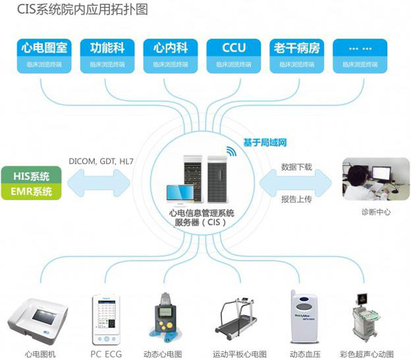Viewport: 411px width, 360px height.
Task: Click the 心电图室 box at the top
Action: click(x=45, y=55)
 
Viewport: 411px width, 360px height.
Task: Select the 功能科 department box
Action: click(x=107, y=55)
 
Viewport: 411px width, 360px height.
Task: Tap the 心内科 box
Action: click(x=170, y=55)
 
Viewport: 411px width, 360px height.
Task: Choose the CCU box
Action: click(x=233, y=55)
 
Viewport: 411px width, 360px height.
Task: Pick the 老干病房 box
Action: click(x=296, y=55)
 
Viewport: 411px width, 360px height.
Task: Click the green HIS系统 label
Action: click(x=32, y=176)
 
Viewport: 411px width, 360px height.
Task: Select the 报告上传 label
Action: click(x=296, y=198)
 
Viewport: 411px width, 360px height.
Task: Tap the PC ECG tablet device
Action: click(x=106, y=319)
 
